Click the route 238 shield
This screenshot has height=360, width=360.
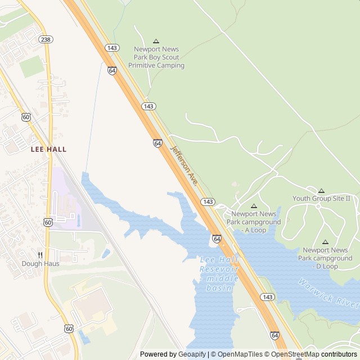[46, 39]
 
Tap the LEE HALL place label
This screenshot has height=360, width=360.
[48, 149]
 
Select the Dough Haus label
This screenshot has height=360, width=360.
[40, 263]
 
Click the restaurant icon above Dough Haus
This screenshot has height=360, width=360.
[40, 254]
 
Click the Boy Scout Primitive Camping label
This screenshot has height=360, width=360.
[156, 57]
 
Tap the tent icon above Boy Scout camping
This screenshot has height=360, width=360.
[156, 41]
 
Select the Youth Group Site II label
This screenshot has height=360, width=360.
[321, 199]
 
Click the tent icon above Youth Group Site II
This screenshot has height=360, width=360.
[321, 191]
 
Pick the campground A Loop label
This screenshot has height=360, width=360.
[254, 222]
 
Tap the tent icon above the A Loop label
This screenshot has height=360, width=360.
[254, 206]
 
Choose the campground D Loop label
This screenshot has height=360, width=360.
[325, 258]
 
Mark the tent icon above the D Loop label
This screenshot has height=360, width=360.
[325, 242]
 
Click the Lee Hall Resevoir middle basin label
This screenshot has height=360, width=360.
[219, 273]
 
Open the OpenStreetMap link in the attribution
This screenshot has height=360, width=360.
[295, 354]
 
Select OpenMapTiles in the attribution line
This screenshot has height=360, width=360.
[239, 354]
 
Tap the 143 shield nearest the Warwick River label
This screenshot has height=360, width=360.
[268, 296]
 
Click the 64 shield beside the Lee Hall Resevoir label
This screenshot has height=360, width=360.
[217, 239]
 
